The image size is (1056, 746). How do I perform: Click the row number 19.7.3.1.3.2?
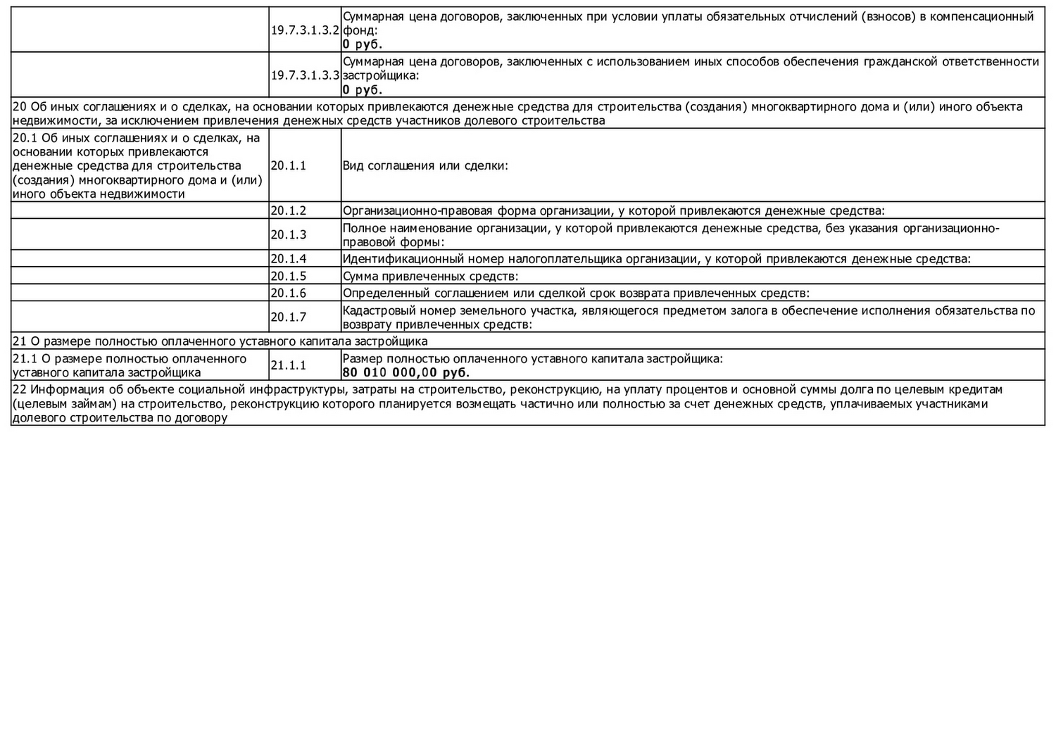pyautogui.click(x=305, y=31)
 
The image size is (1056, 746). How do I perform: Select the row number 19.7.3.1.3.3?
pyautogui.click(x=305, y=75)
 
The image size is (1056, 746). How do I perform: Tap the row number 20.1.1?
pyautogui.click(x=289, y=166)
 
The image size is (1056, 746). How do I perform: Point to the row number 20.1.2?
pyautogui.click(x=289, y=210)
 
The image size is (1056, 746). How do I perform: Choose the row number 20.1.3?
pyautogui.click(x=289, y=235)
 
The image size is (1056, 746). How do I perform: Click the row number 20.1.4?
pyautogui.click(x=289, y=259)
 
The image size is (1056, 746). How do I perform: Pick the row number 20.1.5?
pyautogui.click(x=289, y=277)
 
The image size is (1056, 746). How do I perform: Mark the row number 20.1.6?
pyautogui.click(x=289, y=293)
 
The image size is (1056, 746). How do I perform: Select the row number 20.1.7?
pyautogui.click(x=289, y=317)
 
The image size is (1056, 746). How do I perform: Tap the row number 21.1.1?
pyautogui.click(x=289, y=365)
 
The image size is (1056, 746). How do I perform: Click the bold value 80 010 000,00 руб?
pyautogui.click(x=406, y=373)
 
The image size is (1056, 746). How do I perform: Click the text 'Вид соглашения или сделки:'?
pyautogui.click(x=425, y=166)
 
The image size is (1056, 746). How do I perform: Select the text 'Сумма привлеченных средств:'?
pyautogui.click(x=430, y=277)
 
